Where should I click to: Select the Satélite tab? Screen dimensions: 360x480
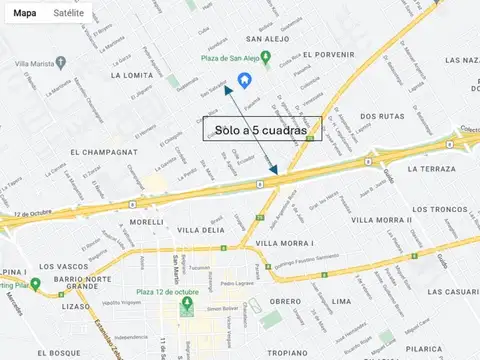68,14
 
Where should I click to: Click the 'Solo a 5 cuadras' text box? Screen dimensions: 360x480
261,130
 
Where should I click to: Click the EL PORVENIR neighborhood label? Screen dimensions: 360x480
329,54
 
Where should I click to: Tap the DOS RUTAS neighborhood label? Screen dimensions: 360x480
382,116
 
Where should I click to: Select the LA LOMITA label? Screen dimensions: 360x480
132,75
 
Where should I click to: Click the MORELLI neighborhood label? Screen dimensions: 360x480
146,221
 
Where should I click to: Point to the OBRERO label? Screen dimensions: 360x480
285,301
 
